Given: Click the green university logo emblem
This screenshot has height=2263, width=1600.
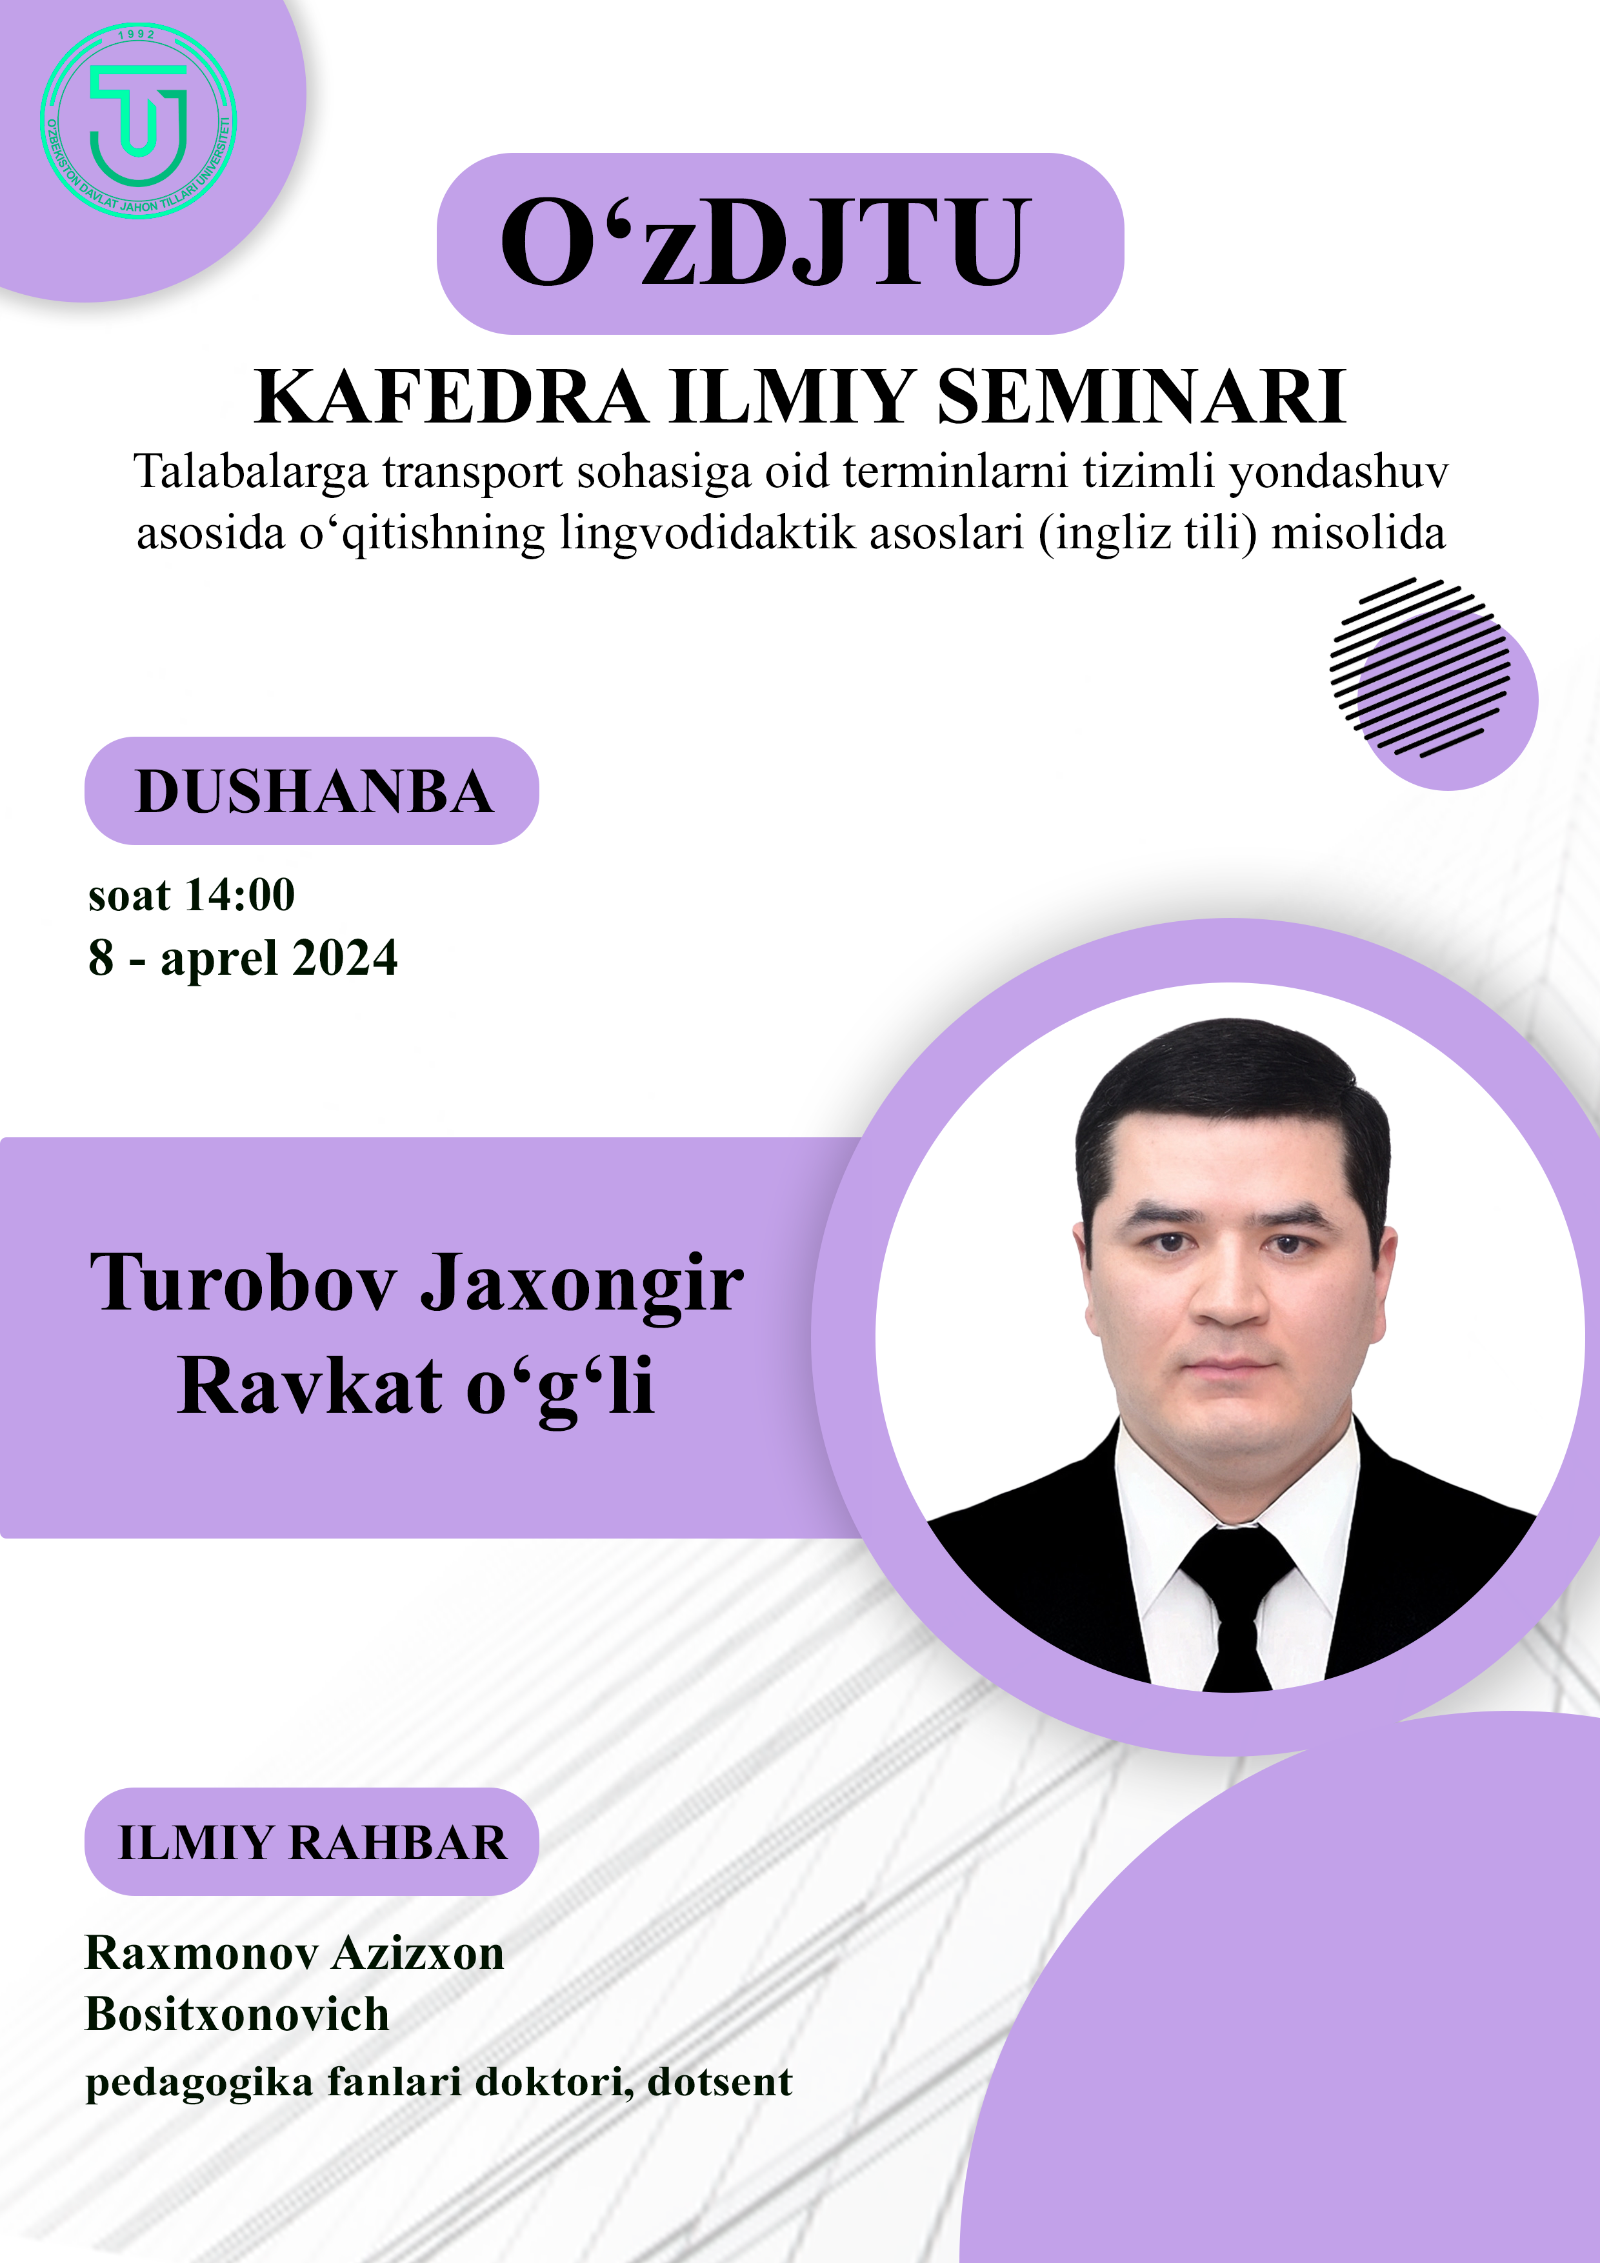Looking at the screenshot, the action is (x=138, y=120).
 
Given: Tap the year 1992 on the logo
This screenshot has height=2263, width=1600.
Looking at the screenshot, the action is (x=137, y=34).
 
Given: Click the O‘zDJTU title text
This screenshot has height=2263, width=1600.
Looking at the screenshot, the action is (x=766, y=243).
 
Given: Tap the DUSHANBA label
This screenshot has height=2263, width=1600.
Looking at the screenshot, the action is (x=314, y=792).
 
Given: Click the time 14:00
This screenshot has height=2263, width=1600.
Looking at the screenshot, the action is (x=241, y=895).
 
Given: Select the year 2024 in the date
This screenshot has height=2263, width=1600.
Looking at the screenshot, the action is (x=345, y=957).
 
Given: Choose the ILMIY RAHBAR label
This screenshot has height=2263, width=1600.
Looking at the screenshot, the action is (x=312, y=1843).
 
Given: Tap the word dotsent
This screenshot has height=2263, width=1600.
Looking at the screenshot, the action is (x=721, y=2082).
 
